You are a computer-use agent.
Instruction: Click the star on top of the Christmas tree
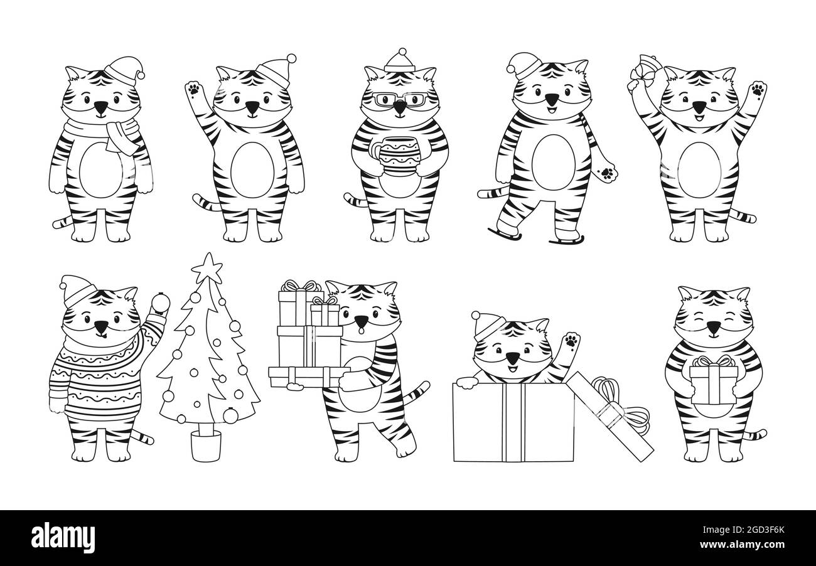[x=207, y=269]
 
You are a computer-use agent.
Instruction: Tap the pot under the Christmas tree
[x=206, y=446]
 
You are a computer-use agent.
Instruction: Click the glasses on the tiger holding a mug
[x=400, y=99]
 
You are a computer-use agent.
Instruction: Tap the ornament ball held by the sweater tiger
[x=160, y=302]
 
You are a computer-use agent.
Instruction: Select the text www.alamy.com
[x=742, y=545]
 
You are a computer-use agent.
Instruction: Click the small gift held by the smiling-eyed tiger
[x=713, y=381]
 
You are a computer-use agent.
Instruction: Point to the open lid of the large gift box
[x=610, y=416]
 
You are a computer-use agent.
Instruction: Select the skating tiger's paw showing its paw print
[x=606, y=173]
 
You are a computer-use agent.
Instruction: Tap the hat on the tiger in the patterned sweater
[x=78, y=291]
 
